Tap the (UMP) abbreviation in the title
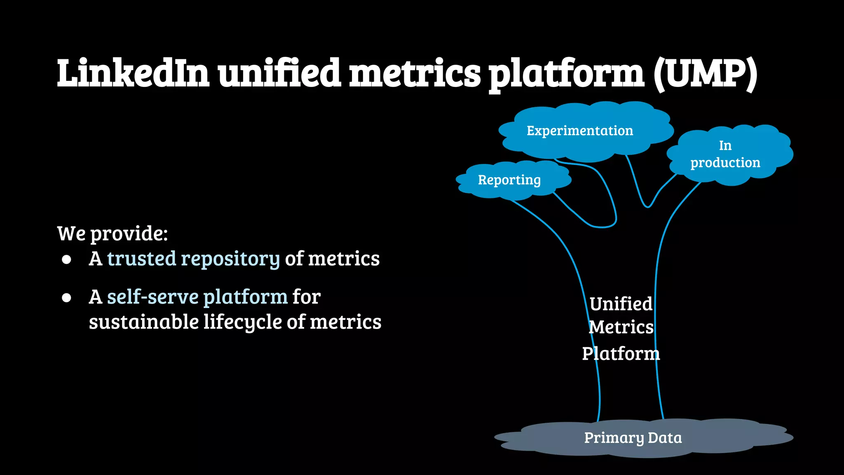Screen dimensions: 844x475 (x=705, y=74)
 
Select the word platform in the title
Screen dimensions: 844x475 (x=566, y=74)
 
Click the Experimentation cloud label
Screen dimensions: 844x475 (x=580, y=131)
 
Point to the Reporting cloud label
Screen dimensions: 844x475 (x=509, y=180)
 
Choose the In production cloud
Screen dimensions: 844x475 (x=726, y=154)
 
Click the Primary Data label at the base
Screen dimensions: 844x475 (x=633, y=438)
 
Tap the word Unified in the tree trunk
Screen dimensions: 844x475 (x=621, y=304)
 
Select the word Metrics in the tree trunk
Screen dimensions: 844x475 (x=621, y=327)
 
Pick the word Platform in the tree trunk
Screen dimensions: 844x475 (x=621, y=354)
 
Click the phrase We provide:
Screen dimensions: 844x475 (x=113, y=234)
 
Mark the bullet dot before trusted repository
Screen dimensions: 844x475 (x=67, y=259)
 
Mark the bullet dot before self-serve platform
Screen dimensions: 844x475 (x=67, y=297)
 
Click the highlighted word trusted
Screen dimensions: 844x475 (x=142, y=259)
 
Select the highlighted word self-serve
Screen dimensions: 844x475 (x=153, y=297)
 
